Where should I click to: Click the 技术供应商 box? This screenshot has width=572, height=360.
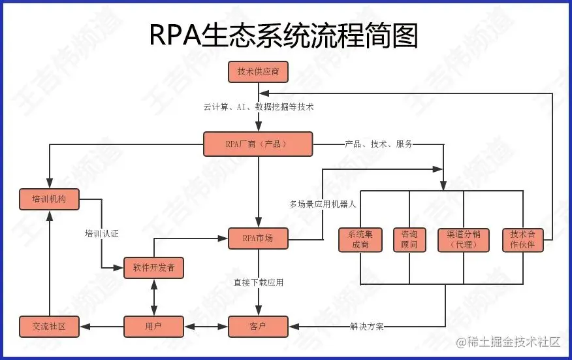(258, 72)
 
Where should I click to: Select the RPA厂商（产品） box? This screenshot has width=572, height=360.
(258, 144)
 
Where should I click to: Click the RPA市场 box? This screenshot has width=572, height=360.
(258, 238)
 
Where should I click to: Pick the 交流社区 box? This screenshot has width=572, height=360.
(50, 326)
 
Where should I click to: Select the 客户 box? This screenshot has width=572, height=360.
(258, 326)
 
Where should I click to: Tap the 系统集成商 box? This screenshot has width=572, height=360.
(360, 240)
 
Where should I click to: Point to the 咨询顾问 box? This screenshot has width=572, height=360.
(409, 240)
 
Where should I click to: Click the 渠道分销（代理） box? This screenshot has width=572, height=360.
(464, 240)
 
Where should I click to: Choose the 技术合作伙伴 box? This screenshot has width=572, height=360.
(522, 240)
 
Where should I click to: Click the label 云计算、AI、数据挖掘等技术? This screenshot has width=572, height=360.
(259, 107)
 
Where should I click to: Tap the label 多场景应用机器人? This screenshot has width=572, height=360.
(323, 204)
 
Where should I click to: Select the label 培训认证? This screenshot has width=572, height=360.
(101, 233)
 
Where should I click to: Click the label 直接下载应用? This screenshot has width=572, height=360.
(259, 283)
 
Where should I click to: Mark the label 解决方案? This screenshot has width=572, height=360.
(367, 326)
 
